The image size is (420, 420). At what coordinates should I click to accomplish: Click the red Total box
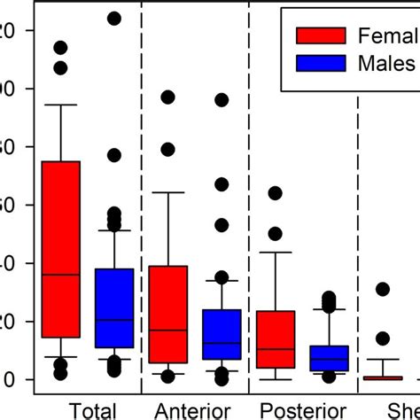point(61,248)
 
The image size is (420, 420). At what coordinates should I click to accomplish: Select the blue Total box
point(114,307)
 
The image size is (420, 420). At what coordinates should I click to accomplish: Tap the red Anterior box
point(168,314)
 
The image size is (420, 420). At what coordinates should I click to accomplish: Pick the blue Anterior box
point(222,334)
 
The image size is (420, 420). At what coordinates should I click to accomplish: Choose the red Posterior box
point(276,339)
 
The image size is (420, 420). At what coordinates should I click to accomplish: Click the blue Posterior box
point(329,358)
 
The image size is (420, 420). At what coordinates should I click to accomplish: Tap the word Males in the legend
point(386,63)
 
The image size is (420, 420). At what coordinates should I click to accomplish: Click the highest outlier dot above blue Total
point(114,18)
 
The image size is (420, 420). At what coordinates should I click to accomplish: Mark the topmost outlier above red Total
point(61,48)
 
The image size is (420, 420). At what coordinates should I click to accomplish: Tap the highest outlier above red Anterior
point(168,97)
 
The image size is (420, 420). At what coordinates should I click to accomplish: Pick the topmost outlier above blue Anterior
point(222,100)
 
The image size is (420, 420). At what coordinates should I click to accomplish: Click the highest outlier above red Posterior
point(276,193)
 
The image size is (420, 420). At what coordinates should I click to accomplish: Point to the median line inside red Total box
point(61,275)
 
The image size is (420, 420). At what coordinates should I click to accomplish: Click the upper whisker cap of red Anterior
point(168,192)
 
